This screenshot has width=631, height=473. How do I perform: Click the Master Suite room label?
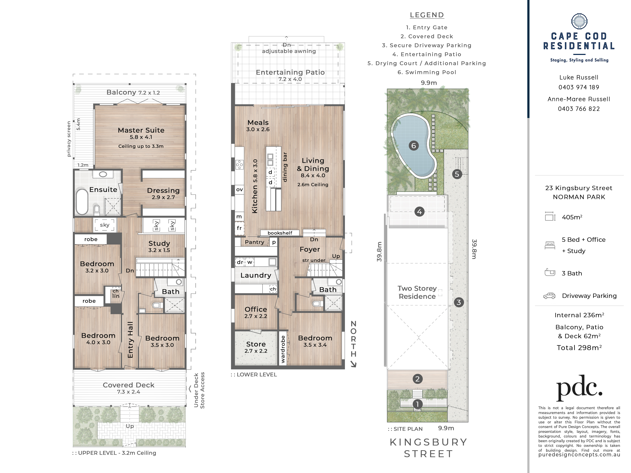(141, 130)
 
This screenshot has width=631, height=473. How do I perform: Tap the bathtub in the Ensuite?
(82, 202)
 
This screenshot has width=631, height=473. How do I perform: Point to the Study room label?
(159, 243)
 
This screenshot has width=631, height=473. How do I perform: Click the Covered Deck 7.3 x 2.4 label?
(128, 388)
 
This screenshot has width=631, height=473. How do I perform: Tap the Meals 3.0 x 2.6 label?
(258, 126)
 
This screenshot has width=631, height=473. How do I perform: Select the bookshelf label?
(280, 233)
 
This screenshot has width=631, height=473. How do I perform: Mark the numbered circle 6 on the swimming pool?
(414, 146)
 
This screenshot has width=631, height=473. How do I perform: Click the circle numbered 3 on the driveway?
(459, 302)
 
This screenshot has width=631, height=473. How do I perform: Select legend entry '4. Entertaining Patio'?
(427, 54)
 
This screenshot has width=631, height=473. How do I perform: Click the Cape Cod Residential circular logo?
(579, 21)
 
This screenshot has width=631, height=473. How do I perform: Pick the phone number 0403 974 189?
(579, 87)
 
